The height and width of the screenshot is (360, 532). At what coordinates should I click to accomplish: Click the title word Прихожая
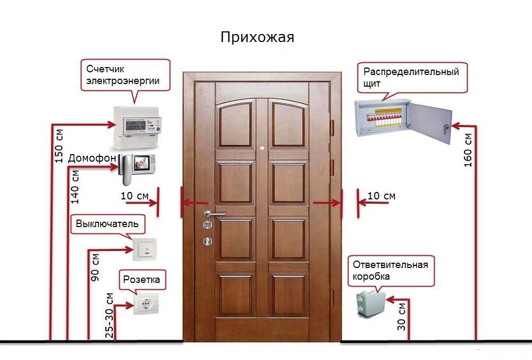tap(257, 38)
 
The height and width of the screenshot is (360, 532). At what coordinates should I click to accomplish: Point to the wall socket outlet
tap(144, 305)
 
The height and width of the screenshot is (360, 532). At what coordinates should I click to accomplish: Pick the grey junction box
tap(369, 303)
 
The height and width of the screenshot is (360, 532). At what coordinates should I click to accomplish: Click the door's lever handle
tap(213, 214)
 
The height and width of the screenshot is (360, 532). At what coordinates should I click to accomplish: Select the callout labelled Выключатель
tap(107, 224)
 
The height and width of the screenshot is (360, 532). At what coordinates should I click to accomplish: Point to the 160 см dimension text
tap(468, 150)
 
